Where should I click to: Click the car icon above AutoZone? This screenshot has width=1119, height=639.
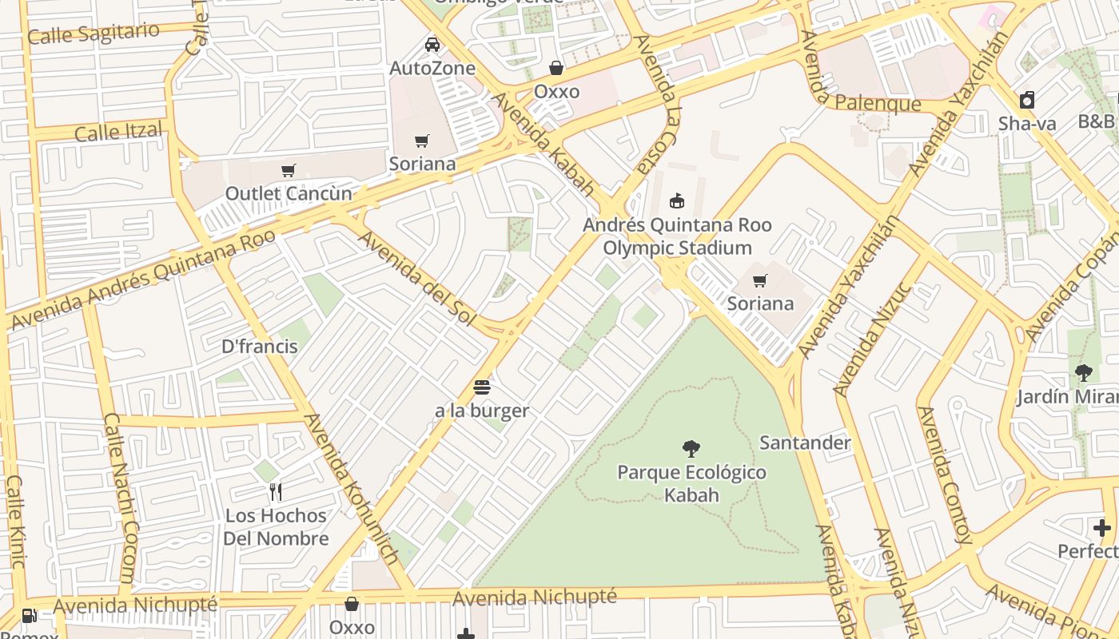click(432, 45)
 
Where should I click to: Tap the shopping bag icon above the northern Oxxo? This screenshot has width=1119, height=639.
click(556, 68)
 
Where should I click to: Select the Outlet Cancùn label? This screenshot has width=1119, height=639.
click(289, 193)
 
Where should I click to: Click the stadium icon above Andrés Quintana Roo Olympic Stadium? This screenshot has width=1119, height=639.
click(677, 200)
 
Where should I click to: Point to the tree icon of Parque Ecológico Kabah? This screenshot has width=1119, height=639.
click(691, 449)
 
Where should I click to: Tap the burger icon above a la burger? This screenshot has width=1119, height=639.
click(482, 387)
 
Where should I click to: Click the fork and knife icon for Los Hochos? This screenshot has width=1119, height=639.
click(276, 492)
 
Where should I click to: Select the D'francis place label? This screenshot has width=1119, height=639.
click(260, 347)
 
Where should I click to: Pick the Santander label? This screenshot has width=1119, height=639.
click(805, 443)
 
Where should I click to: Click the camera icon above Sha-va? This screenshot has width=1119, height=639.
click(1027, 100)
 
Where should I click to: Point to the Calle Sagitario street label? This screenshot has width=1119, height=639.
click(94, 34)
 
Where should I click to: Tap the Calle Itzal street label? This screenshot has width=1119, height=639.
click(118, 132)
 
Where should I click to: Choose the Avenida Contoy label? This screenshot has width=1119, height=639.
click(946, 475)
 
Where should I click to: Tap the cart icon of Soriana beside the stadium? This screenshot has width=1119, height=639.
click(760, 280)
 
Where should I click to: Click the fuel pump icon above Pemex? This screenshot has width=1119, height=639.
click(29, 615)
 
